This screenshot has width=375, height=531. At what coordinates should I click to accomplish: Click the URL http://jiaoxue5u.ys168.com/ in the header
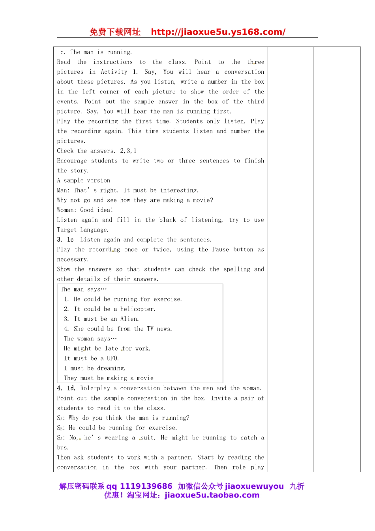pos(218,32)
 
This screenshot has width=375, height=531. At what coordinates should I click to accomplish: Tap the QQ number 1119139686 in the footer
pos(146,486)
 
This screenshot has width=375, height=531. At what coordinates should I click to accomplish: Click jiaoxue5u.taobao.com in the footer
pos(212,495)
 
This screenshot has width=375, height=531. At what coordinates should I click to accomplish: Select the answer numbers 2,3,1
pos(128,151)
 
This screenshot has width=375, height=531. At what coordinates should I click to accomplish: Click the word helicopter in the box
pos(138,309)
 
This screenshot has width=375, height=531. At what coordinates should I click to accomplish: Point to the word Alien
pos(129,319)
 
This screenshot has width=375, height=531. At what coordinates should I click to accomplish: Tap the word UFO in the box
pos(112,358)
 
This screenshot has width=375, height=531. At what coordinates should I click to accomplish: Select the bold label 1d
pos(71,388)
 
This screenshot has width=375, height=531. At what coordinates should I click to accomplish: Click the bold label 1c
pos(70,239)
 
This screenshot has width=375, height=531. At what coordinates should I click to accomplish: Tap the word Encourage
pos(72,161)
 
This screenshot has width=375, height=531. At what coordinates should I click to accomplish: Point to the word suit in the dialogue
pos(148,438)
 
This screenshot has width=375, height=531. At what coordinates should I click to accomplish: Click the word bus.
pos(62,447)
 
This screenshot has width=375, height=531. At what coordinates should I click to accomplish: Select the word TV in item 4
pos(150,329)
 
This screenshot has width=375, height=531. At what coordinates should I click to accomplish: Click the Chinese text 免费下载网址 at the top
pos(115,32)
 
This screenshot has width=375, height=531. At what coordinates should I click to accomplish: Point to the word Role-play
pos(95,388)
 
